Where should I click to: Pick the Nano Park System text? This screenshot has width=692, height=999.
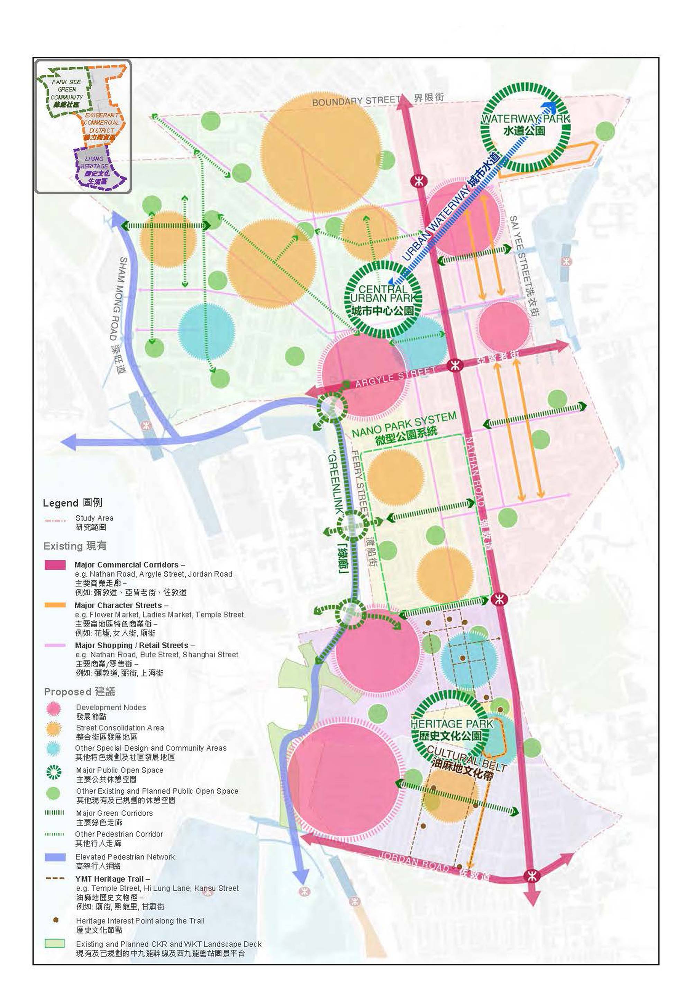pos(404,425)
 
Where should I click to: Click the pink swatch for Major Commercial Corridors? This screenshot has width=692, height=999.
pos(55,564)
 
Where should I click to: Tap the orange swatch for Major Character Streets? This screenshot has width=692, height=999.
pos(55,605)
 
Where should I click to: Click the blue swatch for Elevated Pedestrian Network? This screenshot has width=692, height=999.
pos(55,857)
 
